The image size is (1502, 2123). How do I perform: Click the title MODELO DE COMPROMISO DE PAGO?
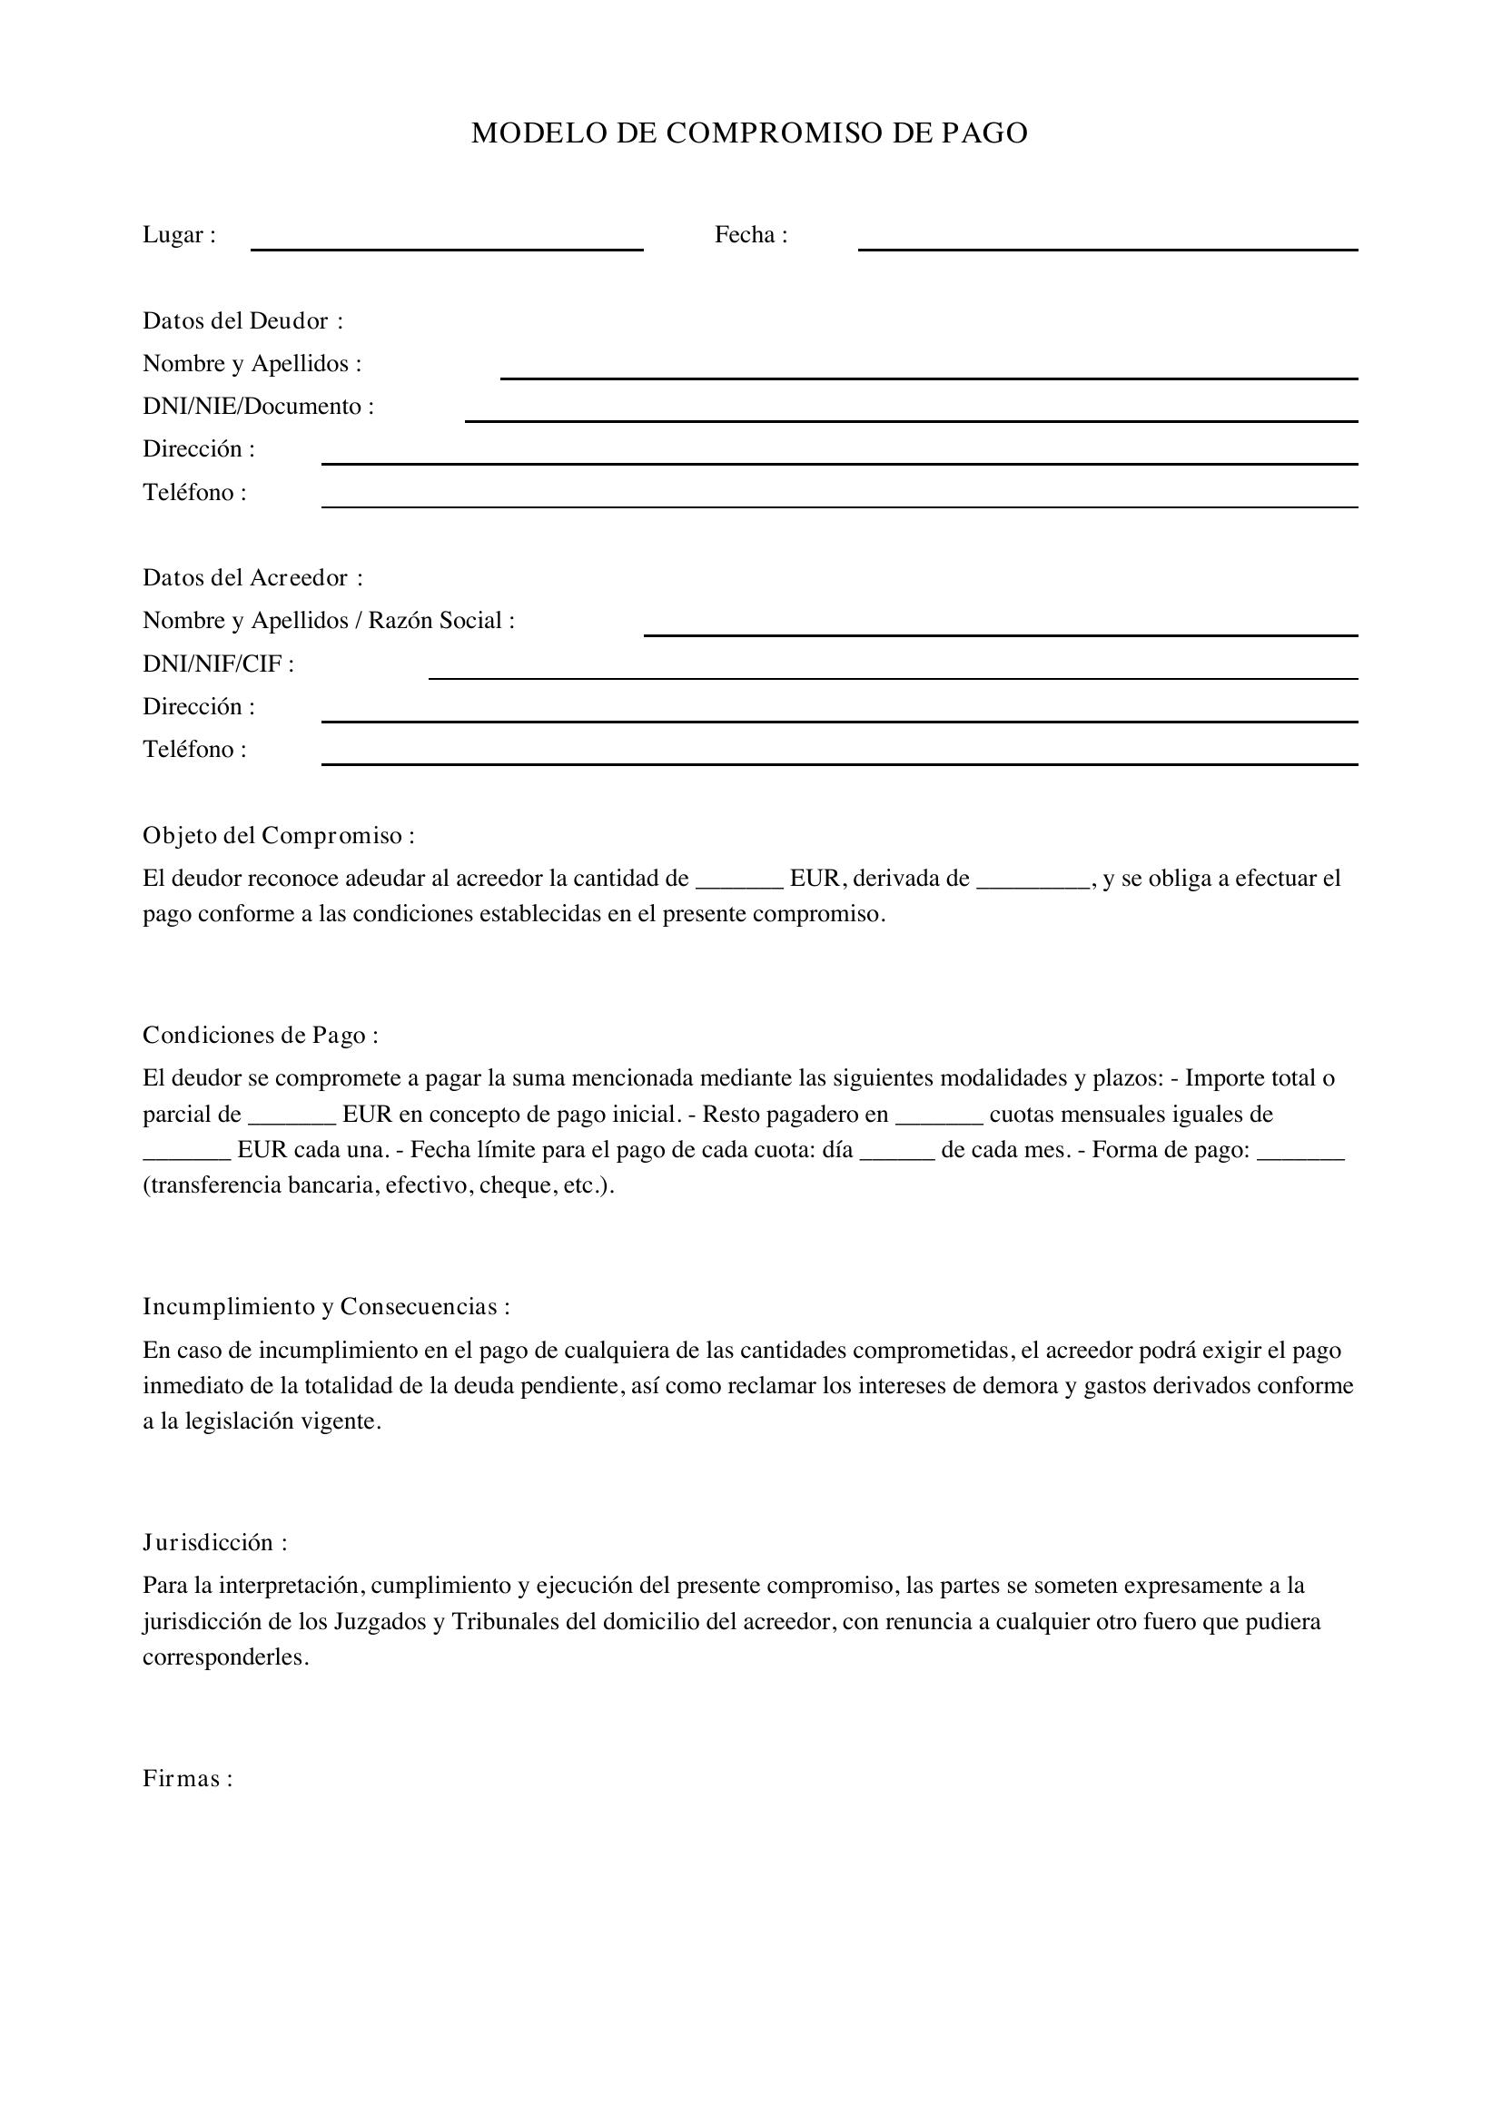[x=749, y=133]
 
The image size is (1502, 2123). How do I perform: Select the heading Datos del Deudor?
[x=242, y=320]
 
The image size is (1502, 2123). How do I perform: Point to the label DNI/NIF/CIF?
[x=218, y=663]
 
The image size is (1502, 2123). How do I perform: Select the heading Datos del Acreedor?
[x=252, y=578]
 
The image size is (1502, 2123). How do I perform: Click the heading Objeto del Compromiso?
[x=279, y=835]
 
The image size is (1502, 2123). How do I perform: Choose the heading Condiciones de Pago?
[x=260, y=1035]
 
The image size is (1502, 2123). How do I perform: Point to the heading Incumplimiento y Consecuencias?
[x=326, y=1306]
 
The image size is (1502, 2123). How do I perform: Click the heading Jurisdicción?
[x=214, y=1542]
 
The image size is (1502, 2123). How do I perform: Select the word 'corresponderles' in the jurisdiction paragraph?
[x=223, y=1657]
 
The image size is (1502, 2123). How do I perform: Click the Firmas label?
[x=187, y=1778]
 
